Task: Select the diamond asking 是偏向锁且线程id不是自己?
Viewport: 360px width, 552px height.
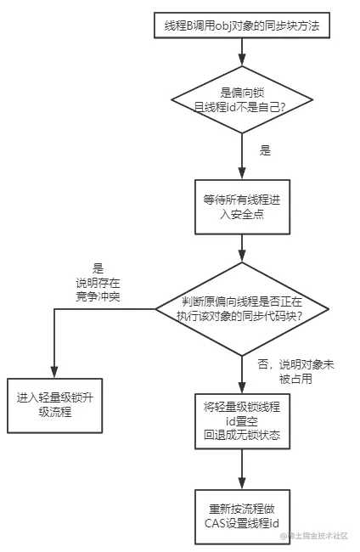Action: click(242, 99)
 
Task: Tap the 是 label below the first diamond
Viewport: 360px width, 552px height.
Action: click(265, 150)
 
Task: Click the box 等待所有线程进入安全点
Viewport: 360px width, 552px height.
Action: click(242, 208)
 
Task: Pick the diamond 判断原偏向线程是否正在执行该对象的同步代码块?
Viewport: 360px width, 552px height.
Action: click(242, 308)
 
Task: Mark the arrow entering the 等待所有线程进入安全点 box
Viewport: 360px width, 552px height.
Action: click(242, 166)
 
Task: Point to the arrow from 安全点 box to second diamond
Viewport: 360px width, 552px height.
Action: click(242, 251)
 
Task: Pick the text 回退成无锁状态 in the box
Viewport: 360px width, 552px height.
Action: click(242, 435)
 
